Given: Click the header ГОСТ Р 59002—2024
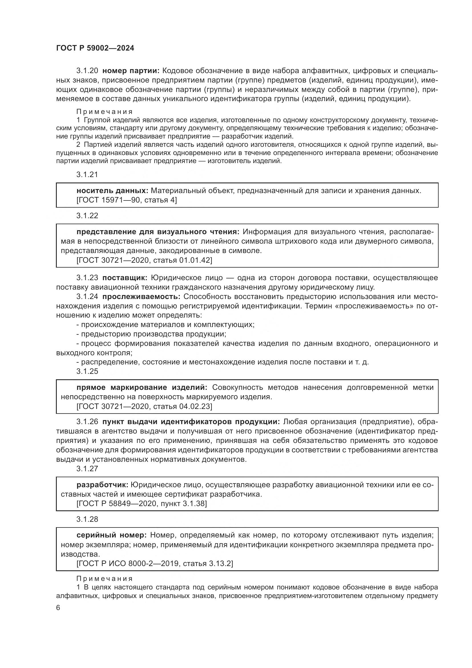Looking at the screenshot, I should [95, 48].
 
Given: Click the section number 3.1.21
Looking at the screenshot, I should [87, 174].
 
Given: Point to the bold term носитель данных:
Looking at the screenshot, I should [112, 191].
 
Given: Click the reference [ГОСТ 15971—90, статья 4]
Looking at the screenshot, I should [126, 200].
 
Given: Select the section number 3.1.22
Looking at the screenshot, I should [87, 216].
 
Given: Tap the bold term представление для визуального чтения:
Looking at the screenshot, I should [158, 232].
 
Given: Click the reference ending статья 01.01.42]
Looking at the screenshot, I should [144, 260].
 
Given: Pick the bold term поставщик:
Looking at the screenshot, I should [125, 278].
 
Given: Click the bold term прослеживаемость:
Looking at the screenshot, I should [141, 296].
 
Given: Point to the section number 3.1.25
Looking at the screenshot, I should [87, 371].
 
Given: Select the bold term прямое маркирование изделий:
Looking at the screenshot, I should [142, 388].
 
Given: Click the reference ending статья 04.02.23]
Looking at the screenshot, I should [144, 406].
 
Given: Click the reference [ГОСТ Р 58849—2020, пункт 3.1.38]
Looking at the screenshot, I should [142, 503].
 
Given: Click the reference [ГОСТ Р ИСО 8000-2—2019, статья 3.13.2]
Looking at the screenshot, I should [155, 563].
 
